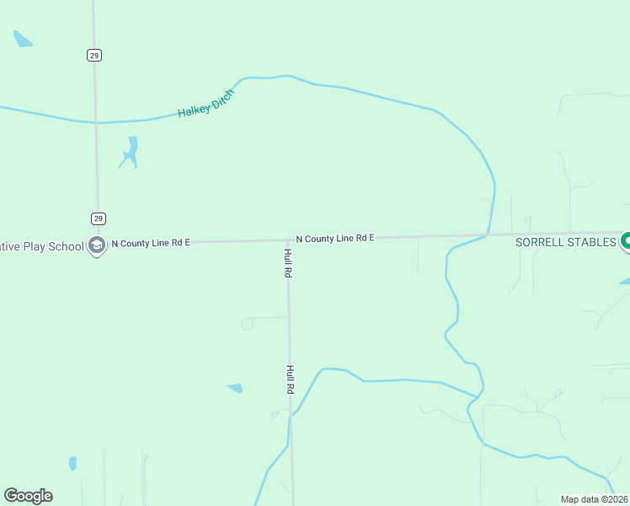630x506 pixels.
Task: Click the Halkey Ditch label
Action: click(x=205, y=102)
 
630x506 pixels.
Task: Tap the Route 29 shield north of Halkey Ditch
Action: click(x=93, y=55)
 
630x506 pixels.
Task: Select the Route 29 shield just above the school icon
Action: click(x=98, y=218)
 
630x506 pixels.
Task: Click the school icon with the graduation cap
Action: click(x=97, y=245)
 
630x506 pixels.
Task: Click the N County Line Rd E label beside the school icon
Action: click(x=151, y=243)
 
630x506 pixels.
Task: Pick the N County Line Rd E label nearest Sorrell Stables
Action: click(x=334, y=239)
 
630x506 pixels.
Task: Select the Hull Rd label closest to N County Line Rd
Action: click(x=288, y=264)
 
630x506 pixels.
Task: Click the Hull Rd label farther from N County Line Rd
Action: click(x=289, y=379)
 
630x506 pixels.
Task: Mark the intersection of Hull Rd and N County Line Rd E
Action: click(x=287, y=240)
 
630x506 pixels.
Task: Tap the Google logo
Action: click(x=28, y=496)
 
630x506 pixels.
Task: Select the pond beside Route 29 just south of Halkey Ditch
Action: click(x=130, y=151)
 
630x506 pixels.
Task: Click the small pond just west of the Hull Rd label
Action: click(x=235, y=388)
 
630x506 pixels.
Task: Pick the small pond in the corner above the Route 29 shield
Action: click(x=22, y=39)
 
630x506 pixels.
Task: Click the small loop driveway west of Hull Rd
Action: click(x=248, y=323)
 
